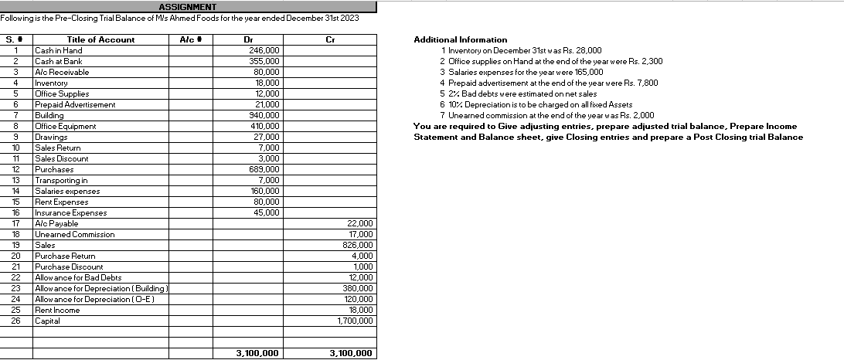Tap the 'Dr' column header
(x=248, y=39)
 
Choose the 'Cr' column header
(x=330, y=39)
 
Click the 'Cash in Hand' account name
(x=59, y=50)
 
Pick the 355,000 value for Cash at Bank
(x=264, y=61)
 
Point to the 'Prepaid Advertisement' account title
(x=76, y=104)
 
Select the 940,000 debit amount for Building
(x=264, y=115)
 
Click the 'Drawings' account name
(x=51, y=137)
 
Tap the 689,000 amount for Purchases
(x=264, y=169)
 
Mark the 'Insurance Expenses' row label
(x=71, y=212)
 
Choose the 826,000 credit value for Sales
(x=358, y=245)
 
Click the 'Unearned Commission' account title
(x=75, y=234)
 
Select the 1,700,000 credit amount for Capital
(x=356, y=321)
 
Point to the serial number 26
(x=15, y=321)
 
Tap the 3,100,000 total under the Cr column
(x=351, y=354)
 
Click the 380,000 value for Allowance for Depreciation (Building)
(x=358, y=288)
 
